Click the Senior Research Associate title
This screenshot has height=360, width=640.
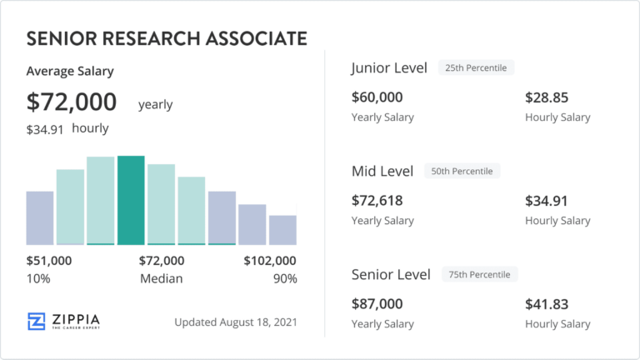pos(167,38)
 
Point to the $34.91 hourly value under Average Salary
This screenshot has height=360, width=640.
pos(45,129)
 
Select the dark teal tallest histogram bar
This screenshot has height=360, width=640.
pos(131,200)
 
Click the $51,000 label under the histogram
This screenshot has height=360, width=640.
pos(49,261)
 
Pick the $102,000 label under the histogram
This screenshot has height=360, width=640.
pos(270,261)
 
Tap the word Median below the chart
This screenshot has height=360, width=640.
pos(161,278)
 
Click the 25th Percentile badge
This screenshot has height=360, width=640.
pos(477,67)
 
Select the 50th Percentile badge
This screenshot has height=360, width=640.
pos(462,171)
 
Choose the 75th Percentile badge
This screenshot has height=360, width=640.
pos(481,274)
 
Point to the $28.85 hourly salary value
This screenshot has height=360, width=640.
pos(547,97)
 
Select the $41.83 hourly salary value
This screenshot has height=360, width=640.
pos(547,304)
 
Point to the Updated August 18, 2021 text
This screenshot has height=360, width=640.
pos(236,322)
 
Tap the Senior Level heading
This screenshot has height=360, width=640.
pos(391,274)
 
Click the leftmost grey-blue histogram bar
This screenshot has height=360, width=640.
pos(40,217)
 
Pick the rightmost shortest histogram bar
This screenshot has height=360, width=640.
pos(282,229)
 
